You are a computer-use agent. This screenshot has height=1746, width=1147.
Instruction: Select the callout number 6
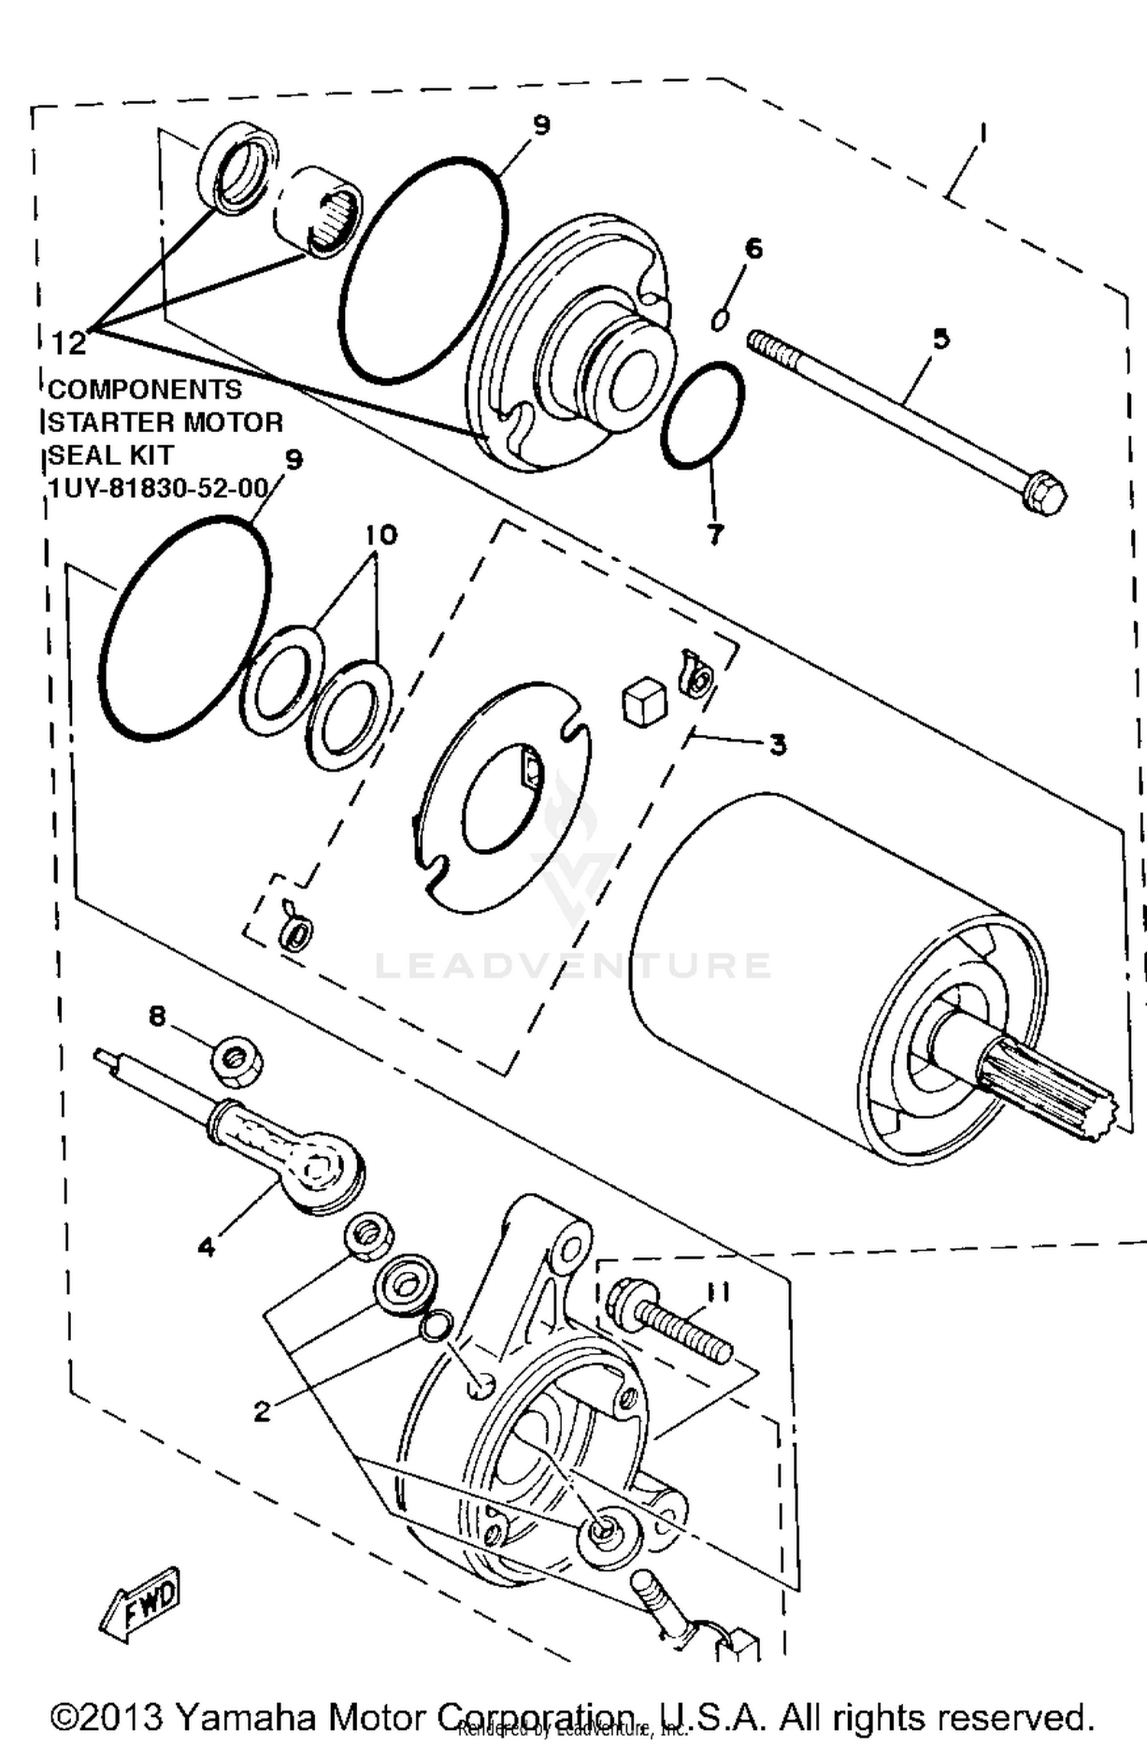point(753,249)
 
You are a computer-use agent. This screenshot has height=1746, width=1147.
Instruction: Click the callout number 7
point(716,535)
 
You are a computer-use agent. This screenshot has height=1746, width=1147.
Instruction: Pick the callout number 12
point(69,343)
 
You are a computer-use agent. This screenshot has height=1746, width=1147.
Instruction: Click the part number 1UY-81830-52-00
point(158,487)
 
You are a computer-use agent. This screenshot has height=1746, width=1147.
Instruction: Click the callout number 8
point(157,1016)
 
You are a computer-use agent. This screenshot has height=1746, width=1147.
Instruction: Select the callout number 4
point(206,1247)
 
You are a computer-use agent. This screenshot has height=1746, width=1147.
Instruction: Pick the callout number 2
point(262,1411)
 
